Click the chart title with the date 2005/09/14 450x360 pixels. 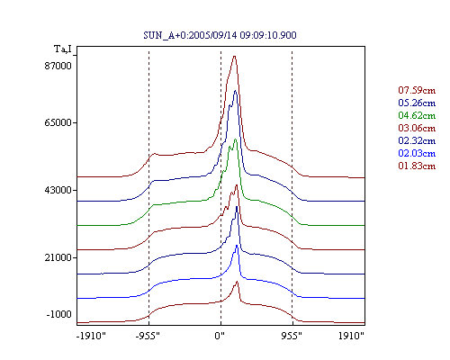(220, 35)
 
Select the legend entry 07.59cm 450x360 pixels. (417, 90)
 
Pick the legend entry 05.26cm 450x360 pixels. (417, 103)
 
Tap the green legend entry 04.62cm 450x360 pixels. (417, 115)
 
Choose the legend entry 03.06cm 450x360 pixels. (417, 128)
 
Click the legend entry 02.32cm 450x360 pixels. (417, 140)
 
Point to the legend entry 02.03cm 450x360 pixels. (417, 153)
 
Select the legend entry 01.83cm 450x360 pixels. (417, 166)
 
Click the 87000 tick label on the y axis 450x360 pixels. (58, 66)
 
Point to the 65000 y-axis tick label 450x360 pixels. (58, 122)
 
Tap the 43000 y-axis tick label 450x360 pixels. (58, 190)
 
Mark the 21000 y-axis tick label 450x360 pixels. (58, 257)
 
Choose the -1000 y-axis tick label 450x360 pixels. (58, 314)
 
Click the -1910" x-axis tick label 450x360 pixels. (91, 336)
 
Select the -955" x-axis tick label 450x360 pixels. (148, 336)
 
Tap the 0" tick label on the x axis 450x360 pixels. (220, 336)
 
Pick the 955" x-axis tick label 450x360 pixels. (292, 336)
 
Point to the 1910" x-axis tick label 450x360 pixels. (351, 336)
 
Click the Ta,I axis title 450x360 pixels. (63, 49)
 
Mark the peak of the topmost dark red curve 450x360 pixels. (234, 56)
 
